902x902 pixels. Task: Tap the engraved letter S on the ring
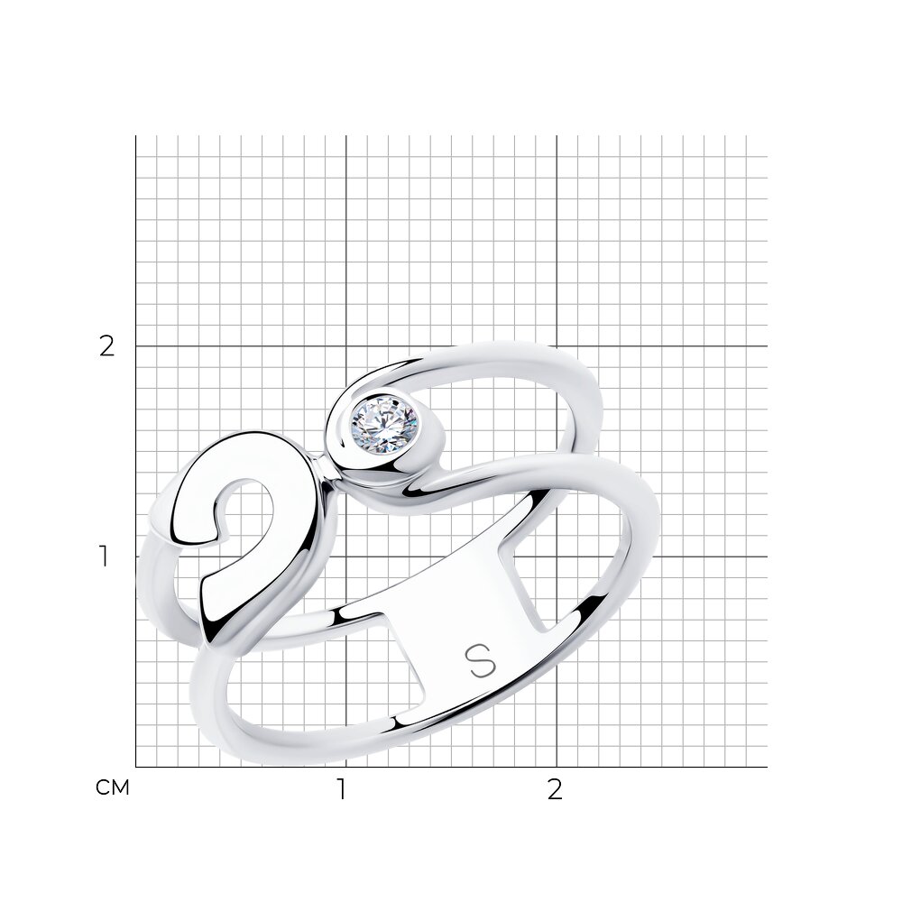tap(480, 661)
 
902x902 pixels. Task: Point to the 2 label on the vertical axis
tap(107, 346)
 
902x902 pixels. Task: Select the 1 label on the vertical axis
tap(104, 557)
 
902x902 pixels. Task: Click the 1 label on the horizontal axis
tap(342, 790)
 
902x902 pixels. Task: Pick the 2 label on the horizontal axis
tap(555, 790)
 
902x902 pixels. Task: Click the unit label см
tap(113, 787)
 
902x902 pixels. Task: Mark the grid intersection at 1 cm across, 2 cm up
tap(346, 346)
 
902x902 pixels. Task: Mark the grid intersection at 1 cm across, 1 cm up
tap(346, 557)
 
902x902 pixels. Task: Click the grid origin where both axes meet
tap(136, 767)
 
